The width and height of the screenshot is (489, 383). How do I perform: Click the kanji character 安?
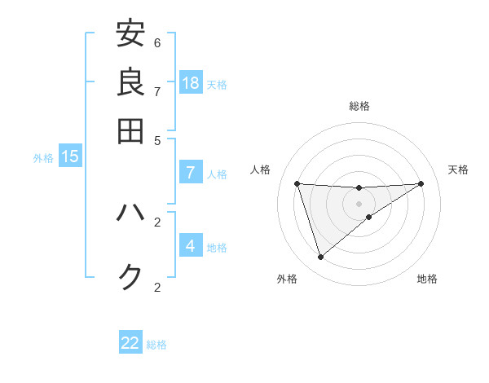130,33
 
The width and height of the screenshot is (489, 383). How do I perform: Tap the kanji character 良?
130,81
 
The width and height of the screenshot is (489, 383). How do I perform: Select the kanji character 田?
130,130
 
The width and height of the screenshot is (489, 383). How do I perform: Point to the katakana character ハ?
130,214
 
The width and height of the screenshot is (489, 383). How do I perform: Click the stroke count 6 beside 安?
157,42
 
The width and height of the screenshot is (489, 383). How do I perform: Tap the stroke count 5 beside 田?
157,139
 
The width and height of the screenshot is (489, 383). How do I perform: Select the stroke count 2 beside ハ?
157,222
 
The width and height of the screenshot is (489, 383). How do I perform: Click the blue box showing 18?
191,83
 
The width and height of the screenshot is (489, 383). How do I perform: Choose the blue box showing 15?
69,156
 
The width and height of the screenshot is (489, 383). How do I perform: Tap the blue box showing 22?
130,343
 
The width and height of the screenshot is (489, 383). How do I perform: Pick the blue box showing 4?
190,245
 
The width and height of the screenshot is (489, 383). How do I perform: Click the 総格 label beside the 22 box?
156,345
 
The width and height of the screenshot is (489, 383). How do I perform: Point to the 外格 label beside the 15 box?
43,158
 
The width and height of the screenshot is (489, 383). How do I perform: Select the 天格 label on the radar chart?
458,169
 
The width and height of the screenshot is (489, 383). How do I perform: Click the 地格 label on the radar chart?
427,279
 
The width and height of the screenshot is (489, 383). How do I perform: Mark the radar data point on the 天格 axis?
421,183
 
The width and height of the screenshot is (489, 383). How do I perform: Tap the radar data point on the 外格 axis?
320,258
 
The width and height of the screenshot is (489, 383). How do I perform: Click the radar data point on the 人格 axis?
297,183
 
